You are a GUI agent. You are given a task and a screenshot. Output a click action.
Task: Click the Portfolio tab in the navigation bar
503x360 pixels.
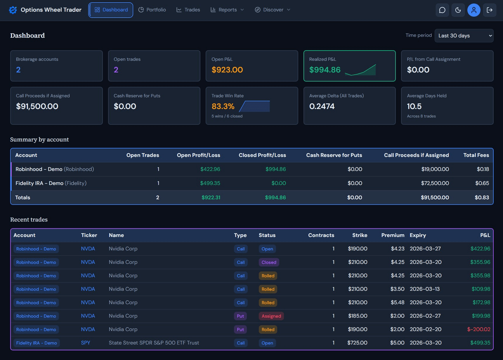pos(152,10)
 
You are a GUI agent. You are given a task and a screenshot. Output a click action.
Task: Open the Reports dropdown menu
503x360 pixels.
pos(227,10)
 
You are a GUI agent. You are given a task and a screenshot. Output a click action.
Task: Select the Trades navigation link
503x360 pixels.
pos(188,10)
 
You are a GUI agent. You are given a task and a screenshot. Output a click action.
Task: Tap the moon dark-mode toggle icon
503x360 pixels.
pos(458,10)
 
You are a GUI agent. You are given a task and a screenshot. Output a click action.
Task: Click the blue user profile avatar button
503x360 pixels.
pos(474,10)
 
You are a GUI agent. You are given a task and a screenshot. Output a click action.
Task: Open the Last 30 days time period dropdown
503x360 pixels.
pos(464,36)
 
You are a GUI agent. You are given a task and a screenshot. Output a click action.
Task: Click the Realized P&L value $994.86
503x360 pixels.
pos(325,70)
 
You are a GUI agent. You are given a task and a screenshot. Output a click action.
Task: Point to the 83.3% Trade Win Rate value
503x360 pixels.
pos(223,106)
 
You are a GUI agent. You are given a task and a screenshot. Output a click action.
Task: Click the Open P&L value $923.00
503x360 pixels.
pos(227,70)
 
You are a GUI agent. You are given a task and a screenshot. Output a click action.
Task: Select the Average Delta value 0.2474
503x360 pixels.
pos(322,106)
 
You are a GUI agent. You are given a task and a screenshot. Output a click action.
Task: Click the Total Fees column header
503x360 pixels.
pos(476,155)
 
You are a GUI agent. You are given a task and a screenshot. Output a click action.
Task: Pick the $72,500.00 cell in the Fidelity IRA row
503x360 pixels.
pos(435,183)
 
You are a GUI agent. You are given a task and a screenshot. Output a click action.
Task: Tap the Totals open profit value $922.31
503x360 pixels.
pos(211,198)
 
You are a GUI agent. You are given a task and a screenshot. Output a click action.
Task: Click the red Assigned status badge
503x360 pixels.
pos(271,316)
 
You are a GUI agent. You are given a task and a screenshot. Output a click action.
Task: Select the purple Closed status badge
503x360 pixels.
pos(269,262)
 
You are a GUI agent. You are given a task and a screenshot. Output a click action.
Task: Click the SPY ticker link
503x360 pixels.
pos(86,343)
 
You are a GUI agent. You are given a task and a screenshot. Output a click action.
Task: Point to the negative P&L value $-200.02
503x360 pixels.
pos(478,329)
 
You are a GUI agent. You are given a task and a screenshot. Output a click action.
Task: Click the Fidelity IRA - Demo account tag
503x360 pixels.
pos(37,343)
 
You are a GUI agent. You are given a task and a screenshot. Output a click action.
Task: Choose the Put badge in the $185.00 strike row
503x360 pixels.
pos(240,316)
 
